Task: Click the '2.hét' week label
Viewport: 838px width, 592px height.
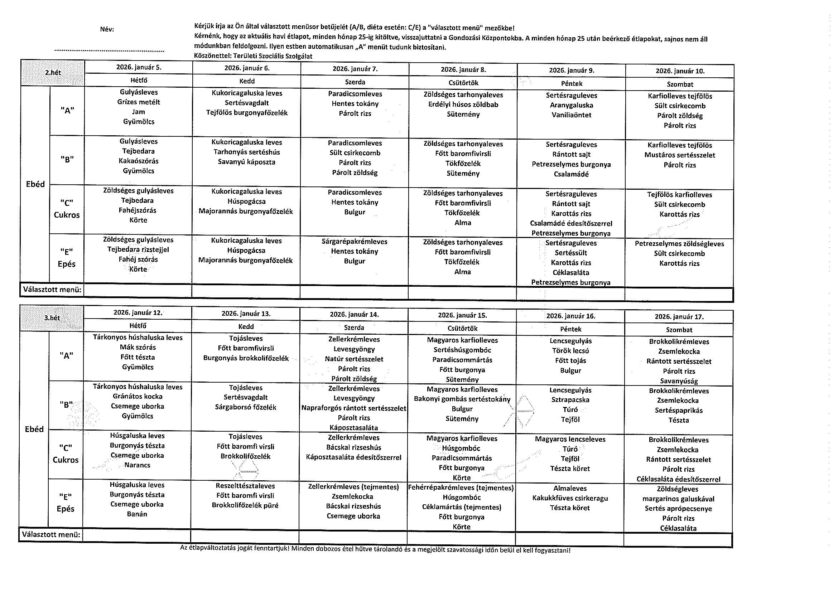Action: point(53,73)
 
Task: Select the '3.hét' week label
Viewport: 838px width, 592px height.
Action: point(52,318)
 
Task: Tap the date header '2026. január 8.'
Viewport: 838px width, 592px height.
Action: point(463,69)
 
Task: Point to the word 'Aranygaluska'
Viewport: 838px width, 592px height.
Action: point(571,106)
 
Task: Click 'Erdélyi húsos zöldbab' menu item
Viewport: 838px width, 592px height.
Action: point(463,105)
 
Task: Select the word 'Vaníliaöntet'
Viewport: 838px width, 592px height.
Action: point(571,115)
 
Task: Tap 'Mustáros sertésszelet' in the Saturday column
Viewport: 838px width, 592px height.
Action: point(680,155)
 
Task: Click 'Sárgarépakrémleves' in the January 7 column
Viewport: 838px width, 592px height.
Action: point(355,242)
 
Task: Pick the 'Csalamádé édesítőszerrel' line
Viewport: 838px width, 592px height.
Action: point(571,224)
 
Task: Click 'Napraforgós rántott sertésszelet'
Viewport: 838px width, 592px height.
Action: point(354,408)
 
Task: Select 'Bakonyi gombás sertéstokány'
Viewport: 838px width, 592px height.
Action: point(462,399)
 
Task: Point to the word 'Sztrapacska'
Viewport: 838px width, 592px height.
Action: point(570,400)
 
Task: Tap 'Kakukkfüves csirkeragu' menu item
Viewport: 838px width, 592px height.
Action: point(570,498)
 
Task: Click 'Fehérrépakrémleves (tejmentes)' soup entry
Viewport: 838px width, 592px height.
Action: point(461,488)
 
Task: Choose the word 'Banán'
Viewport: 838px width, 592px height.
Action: point(137,514)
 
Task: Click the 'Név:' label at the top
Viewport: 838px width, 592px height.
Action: point(107,30)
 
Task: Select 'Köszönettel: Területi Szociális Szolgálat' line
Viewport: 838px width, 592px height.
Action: point(253,56)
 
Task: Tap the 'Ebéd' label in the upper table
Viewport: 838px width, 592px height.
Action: point(35,184)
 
